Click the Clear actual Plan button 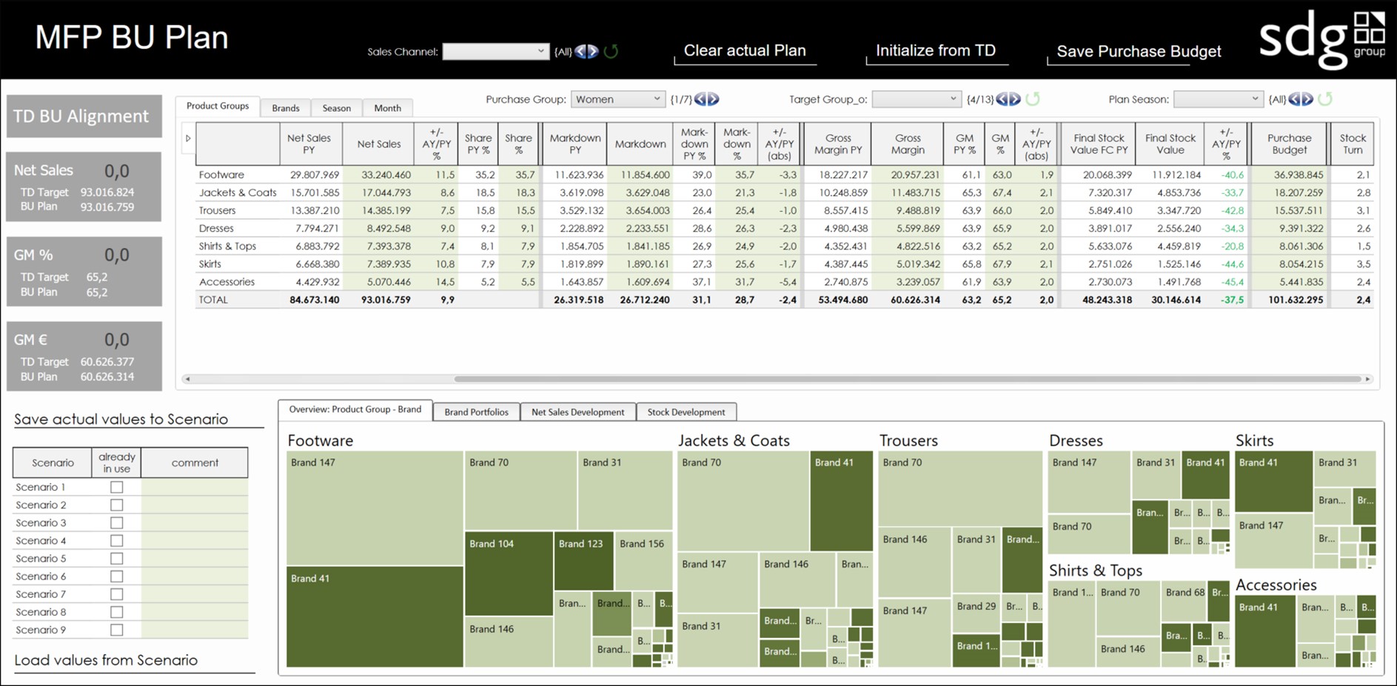click(x=744, y=51)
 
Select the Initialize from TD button click(x=935, y=51)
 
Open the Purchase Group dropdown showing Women click(x=617, y=99)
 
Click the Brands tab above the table click(x=285, y=108)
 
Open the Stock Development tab click(x=686, y=412)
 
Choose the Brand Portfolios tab click(x=476, y=412)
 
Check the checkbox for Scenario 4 click(x=116, y=541)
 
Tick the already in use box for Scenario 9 click(x=116, y=630)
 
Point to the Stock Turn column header click(x=1352, y=144)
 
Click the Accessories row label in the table click(x=227, y=282)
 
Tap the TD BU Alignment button click(x=84, y=116)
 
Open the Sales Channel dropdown click(x=495, y=52)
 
